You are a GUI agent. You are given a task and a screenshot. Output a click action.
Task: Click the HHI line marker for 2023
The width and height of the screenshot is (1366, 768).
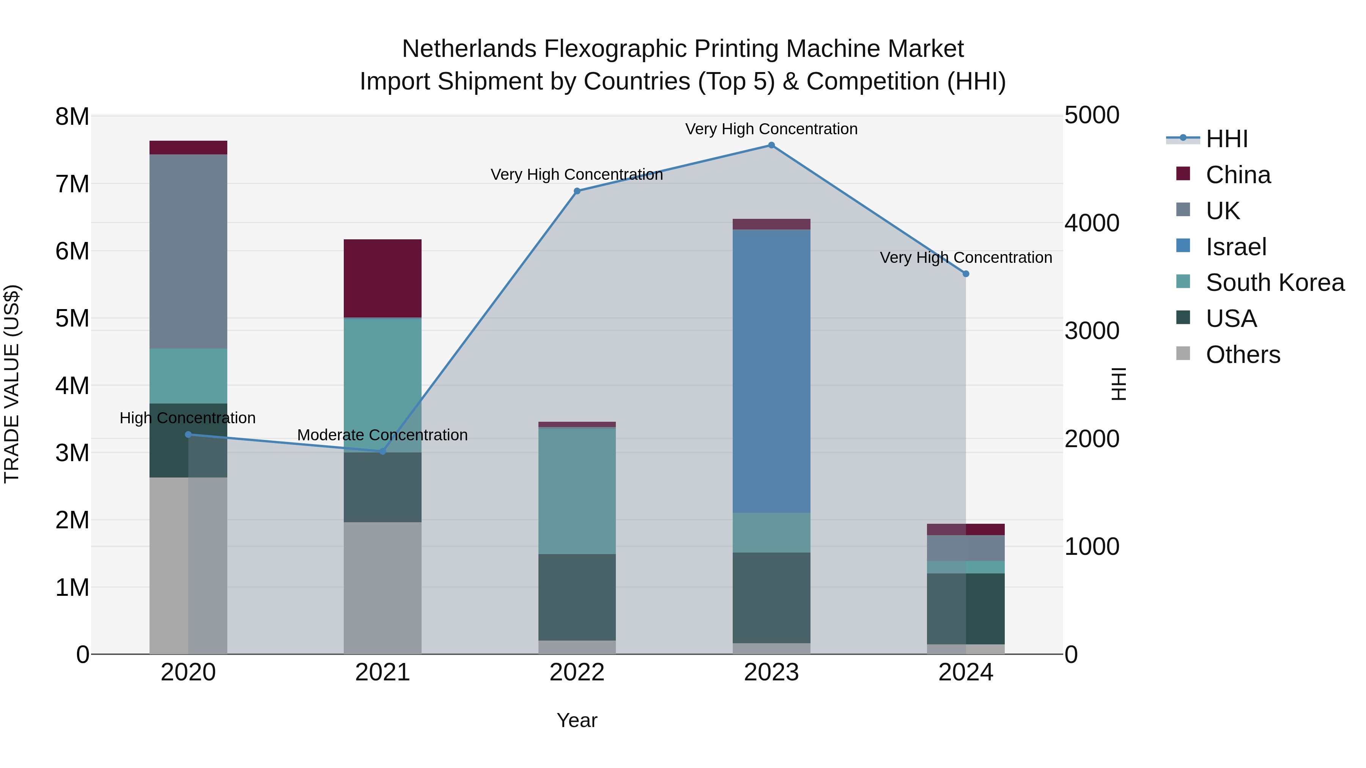pos(771,145)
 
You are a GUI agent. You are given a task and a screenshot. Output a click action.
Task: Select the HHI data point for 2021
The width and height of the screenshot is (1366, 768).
pos(382,451)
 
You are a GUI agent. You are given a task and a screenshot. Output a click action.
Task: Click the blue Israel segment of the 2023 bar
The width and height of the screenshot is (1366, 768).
pos(771,371)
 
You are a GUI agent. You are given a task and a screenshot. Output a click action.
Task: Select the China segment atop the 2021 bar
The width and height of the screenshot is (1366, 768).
pos(382,278)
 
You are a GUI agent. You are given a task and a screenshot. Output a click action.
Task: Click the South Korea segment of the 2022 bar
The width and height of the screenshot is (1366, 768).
pos(577,491)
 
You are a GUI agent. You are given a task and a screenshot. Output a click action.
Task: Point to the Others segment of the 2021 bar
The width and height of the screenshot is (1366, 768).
pos(382,588)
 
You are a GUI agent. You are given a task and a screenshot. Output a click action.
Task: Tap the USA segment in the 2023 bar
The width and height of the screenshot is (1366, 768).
pos(771,597)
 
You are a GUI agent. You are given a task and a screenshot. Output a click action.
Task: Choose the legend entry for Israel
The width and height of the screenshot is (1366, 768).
pos(1235,247)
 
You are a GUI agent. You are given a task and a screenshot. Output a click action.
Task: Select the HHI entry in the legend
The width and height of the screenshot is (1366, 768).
pos(1226,139)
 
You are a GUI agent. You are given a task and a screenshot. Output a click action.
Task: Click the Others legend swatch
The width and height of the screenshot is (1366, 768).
pos(1183,353)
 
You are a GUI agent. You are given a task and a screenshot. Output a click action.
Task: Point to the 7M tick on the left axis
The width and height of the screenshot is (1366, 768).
pos(72,184)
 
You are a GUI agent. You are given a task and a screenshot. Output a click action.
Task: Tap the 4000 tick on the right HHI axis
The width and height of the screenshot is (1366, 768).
pos(1092,223)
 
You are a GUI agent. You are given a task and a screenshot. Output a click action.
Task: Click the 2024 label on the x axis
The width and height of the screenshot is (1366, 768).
pos(966,672)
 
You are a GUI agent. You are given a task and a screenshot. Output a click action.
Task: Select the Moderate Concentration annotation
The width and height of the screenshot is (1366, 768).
pos(382,435)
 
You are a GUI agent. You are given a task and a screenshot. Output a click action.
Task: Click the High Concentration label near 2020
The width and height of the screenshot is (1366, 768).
pos(188,418)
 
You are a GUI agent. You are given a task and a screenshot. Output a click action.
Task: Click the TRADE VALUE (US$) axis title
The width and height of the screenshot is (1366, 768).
pos(12,384)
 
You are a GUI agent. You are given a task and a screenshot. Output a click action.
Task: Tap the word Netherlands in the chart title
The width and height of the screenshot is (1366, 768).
pos(469,49)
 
